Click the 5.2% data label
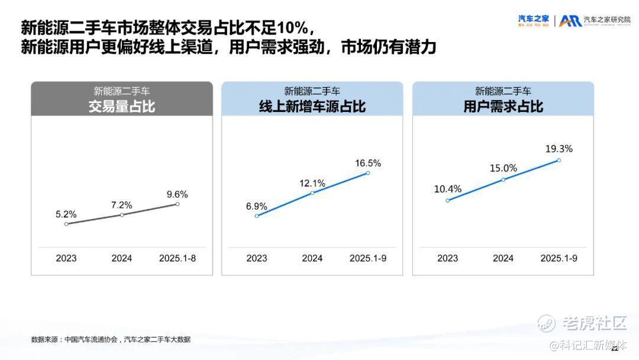[66, 214]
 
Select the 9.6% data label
[177, 194]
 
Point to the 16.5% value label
[368, 163]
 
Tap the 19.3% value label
[559, 149]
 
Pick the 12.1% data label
[312, 183]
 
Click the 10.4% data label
[447, 189]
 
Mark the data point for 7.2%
[122, 214]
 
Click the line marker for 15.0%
[504, 179]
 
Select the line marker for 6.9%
[257, 216]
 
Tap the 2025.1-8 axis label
[177, 258]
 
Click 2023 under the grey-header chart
[66, 258]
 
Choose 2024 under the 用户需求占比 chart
[504, 258]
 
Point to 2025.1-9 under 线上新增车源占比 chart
[368, 258]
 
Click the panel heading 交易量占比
[122, 107]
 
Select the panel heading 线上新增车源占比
[312, 107]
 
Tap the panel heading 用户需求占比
[504, 107]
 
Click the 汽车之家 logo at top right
[534, 20]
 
